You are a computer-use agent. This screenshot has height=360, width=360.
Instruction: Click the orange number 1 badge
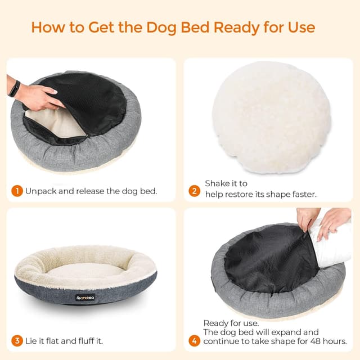pyautogui.click(x=17, y=191)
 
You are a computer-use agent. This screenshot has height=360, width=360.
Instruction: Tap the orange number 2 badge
pyautogui.click(x=195, y=191)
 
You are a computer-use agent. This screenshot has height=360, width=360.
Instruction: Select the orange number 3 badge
pyautogui.click(x=17, y=341)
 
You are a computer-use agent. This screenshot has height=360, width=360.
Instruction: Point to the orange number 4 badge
pyautogui.click(x=195, y=341)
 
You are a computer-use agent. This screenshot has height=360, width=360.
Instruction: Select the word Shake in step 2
pyautogui.click(x=217, y=183)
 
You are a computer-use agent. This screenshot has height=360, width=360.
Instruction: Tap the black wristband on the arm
pyautogui.click(x=14, y=88)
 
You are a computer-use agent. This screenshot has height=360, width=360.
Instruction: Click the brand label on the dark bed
pyautogui.click(x=85, y=298)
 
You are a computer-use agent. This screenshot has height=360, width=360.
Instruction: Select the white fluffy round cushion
pyautogui.click(x=271, y=117)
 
